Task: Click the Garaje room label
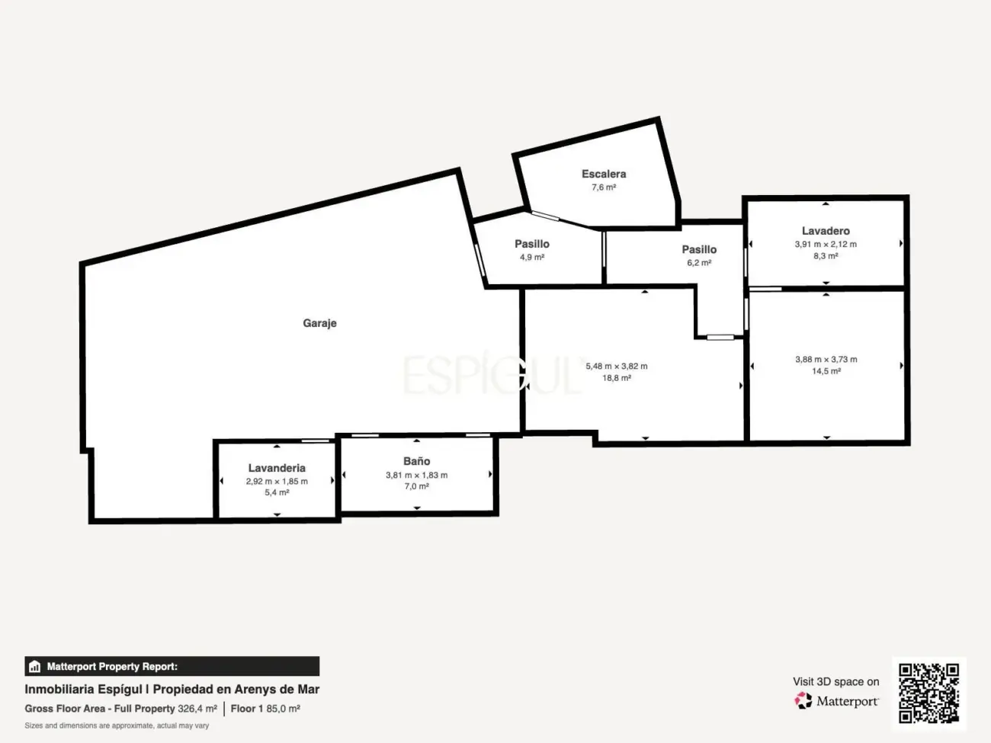coord(319,323)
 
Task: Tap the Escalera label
coord(604,174)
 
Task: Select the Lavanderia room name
coord(277,468)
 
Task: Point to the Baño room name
coord(416,461)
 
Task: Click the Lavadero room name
coord(826,231)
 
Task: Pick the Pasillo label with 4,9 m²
coord(532,244)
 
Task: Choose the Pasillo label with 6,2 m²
coord(699,249)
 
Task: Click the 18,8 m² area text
coord(616,378)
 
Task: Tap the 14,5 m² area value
coord(826,371)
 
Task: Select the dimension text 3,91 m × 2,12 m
coord(826,244)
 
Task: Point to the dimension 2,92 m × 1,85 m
coord(277,482)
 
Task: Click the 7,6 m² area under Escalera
coord(604,187)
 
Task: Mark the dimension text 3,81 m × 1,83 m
coord(416,475)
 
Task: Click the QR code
coord(928,693)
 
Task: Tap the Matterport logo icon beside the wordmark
coord(803,700)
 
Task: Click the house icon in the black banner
coord(34,666)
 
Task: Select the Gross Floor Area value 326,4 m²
coord(197,709)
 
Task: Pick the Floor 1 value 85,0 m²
coord(283,709)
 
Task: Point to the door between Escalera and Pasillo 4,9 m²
coord(545,216)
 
